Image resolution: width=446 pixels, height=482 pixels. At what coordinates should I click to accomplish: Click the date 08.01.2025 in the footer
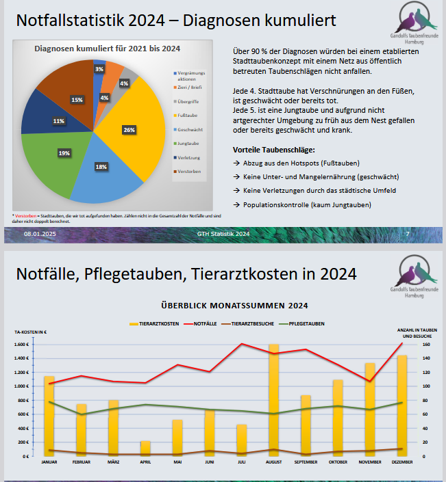pos(40,234)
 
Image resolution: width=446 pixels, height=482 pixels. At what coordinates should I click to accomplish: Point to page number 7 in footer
pos(408,234)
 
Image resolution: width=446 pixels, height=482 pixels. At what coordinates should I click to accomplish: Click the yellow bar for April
pos(146,448)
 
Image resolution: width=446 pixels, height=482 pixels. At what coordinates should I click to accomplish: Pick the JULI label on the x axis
pos(242,461)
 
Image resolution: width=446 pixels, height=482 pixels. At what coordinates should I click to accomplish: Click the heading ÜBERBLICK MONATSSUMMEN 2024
pos(234,305)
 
